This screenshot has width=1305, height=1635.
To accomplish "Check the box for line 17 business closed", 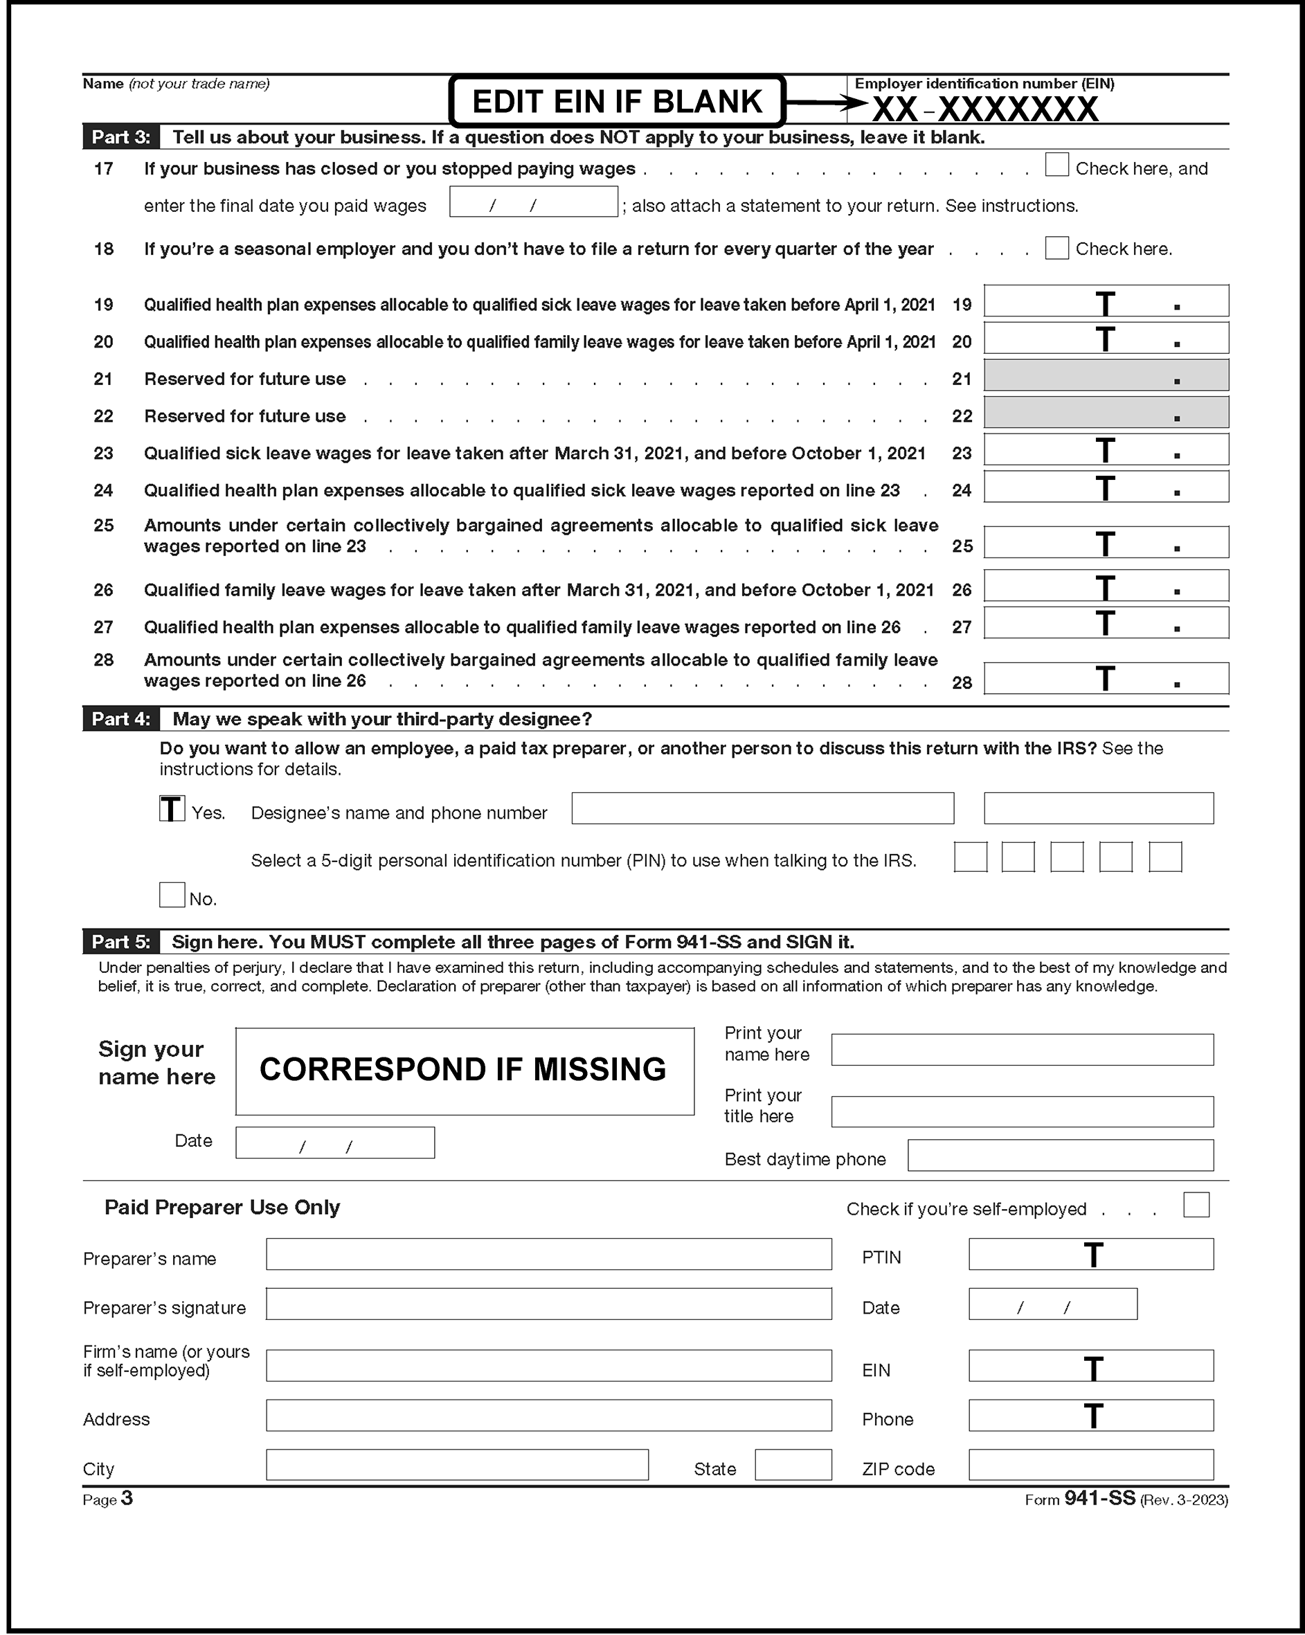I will pyautogui.click(x=1056, y=165).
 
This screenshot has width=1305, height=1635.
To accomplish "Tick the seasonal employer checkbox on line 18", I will pyautogui.click(x=1056, y=248).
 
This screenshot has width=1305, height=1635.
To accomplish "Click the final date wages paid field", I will pyautogui.click(x=533, y=202).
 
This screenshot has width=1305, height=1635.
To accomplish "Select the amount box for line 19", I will pyautogui.click(x=1106, y=301).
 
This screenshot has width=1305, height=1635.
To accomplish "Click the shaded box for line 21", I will pyautogui.click(x=1106, y=375).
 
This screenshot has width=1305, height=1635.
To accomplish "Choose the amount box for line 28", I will pyautogui.click(x=1106, y=679).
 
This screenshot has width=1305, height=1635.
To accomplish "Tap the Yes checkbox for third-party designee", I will pyautogui.click(x=172, y=809).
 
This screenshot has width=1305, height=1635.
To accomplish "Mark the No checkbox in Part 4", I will pyautogui.click(x=172, y=895).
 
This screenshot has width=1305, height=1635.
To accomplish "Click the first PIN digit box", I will pyautogui.click(x=970, y=857).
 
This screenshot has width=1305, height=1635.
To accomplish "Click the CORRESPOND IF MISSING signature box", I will pyautogui.click(x=464, y=1071).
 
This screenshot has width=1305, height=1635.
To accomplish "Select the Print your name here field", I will pyautogui.click(x=1021, y=1050).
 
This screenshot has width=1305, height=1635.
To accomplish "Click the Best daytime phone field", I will pyautogui.click(x=1060, y=1155).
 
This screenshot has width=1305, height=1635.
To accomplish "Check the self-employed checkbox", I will pyautogui.click(x=1196, y=1205).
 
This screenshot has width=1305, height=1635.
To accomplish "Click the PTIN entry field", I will pyautogui.click(x=1090, y=1254).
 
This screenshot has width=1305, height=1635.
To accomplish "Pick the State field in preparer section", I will pyautogui.click(x=793, y=1465).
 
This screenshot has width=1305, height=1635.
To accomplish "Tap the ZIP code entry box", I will pyautogui.click(x=1090, y=1465).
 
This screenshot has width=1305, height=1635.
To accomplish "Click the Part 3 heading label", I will pyautogui.click(x=121, y=137).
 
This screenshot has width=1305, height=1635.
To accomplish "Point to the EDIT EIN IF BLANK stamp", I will pyautogui.click(x=616, y=101).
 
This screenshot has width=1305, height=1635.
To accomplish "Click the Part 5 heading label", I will pyautogui.click(x=121, y=942).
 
